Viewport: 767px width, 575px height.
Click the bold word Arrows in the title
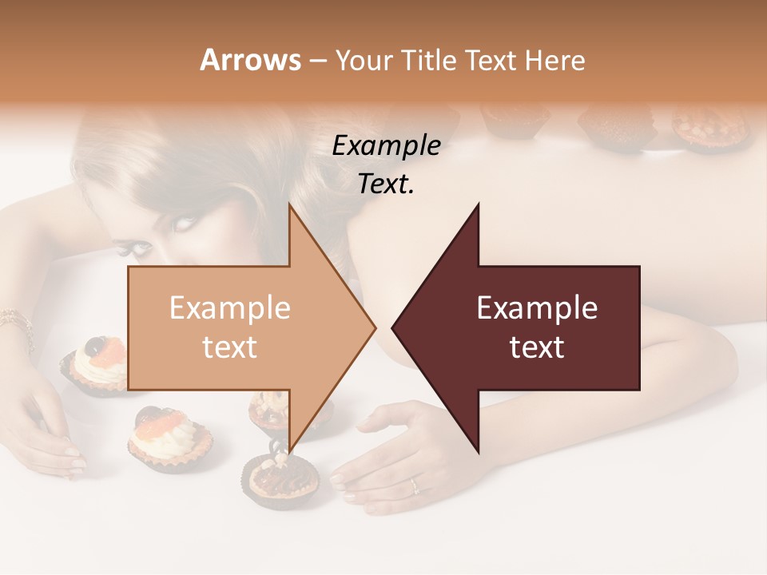pyautogui.click(x=251, y=60)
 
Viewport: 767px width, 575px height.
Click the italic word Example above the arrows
pyautogui.click(x=386, y=146)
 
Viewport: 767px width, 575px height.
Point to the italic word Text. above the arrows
pyautogui.click(x=386, y=184)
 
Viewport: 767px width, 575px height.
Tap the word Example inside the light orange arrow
pyautogui.click(x=229, y=308)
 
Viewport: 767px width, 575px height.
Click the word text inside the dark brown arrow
pyautogui.click(x=537, y=347)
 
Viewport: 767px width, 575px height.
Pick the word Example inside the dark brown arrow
pyautogui.click(x=537, y=308)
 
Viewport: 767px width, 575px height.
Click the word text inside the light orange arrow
pyautogui.click(x=229, y=347)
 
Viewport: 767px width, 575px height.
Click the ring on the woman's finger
pyautogui.click(x=413, y=485)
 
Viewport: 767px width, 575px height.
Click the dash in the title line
pyautogui.click(x=317, y=61)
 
